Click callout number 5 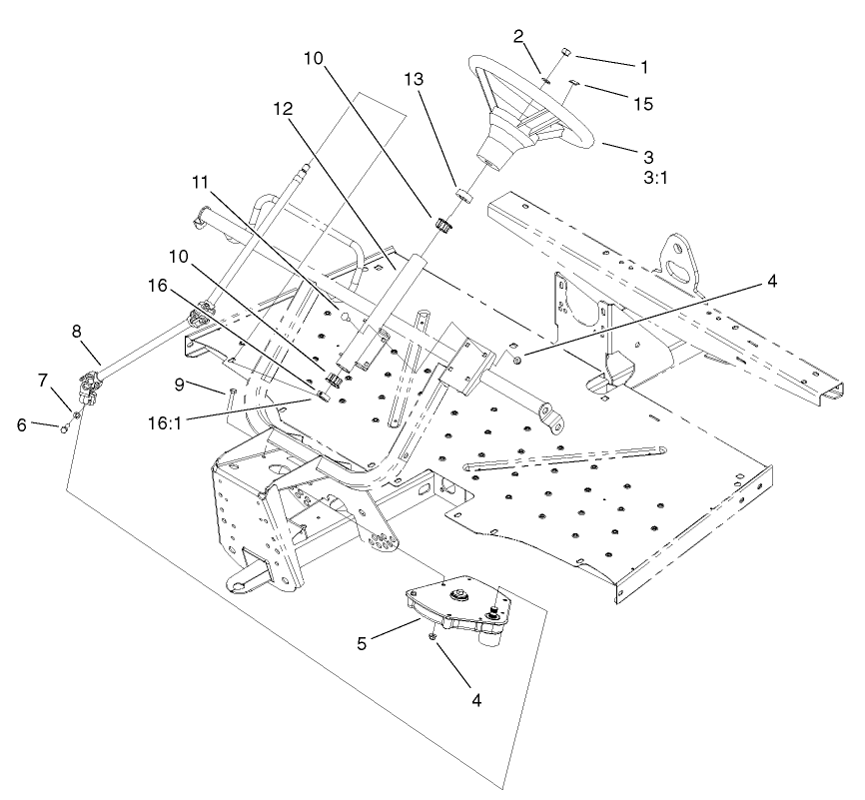pos(364,644)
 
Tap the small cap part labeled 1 pos(564,51)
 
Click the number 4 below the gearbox pos(476,700)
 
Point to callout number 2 pos(518,37)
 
